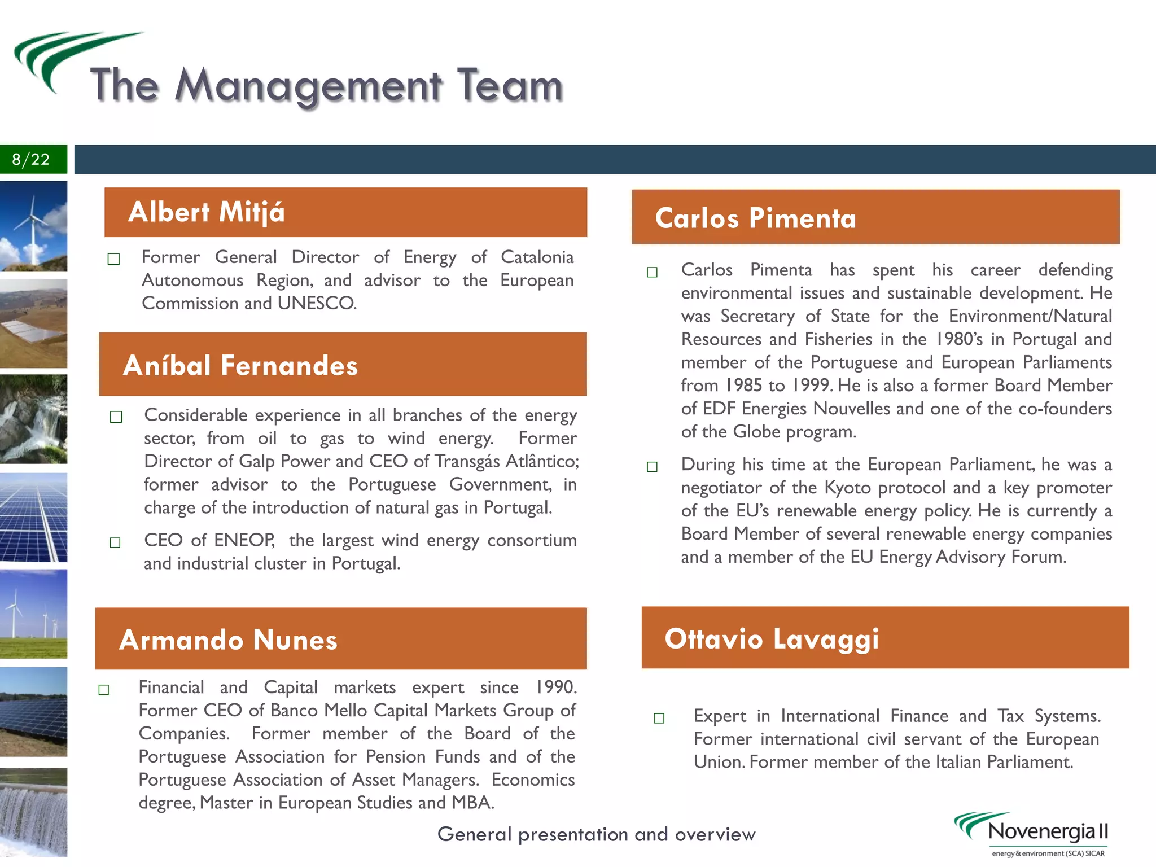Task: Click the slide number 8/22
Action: [x=31, y=159]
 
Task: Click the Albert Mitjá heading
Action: [x=207, y=212]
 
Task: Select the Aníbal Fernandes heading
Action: [x=240, y=365]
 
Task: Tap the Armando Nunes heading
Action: [x=228, y=640]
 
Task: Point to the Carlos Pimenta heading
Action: [x=755, y=218]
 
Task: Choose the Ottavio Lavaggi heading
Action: [x=772, y=638]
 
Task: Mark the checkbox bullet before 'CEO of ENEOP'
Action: [x=115, y=542]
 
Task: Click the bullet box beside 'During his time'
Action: [x=652, y=467]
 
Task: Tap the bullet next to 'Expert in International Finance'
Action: [x=659, y=718]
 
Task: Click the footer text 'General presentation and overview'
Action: [x=596, y=834]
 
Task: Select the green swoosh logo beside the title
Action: [x=62, y=56]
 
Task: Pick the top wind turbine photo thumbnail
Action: [x=33, y=226]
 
